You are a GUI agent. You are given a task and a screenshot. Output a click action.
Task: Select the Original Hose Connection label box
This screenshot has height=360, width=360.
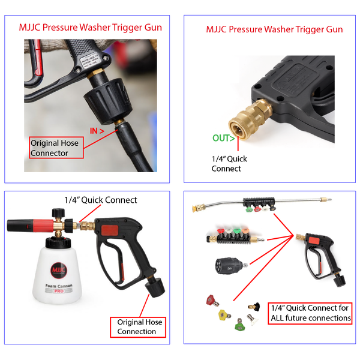point(139,327)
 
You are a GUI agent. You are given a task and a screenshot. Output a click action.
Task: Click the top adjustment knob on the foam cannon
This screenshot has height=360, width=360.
point(58,212)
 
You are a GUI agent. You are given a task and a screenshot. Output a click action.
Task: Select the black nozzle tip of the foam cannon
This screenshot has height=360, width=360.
point(15,227)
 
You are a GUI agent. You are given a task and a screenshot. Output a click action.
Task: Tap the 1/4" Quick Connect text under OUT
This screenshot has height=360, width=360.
point(229,164)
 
